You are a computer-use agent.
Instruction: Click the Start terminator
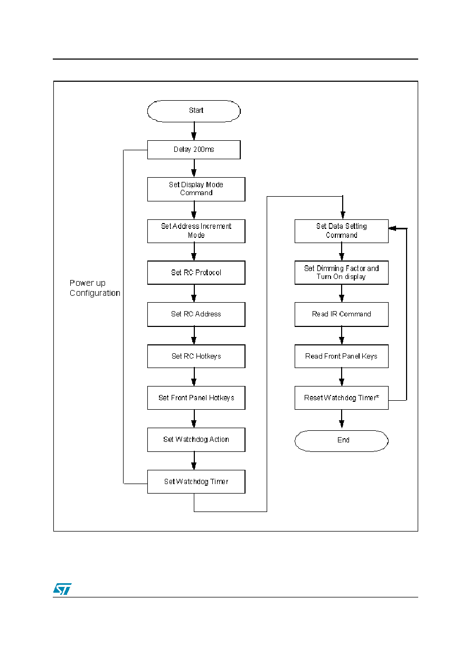coord(194,111)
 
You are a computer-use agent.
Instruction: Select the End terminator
coord(342,441)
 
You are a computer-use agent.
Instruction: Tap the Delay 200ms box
coord(194,150)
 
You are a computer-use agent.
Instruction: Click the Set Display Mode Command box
coord(196,189)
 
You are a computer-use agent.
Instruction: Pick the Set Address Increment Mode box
coord(196,231)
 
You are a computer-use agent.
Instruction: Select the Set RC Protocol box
coord(196,273)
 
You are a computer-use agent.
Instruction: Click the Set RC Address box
coord(196,314)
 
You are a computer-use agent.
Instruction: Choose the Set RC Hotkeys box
coord(196,356)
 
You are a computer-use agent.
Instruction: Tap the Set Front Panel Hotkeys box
coord(196,398)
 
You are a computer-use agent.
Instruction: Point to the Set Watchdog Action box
coord(196,440)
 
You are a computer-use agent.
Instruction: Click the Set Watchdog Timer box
coord(196,481)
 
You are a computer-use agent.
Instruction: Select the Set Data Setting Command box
coord(342,231)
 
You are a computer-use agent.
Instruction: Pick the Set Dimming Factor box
coord(342,273)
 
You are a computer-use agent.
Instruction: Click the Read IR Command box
coord(342,314)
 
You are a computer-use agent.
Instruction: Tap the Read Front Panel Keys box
coord(342,356)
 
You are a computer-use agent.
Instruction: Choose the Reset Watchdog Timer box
coord(342,398)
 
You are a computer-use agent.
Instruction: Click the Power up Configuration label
coord(95,288)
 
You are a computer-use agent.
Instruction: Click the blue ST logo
coord(62,588)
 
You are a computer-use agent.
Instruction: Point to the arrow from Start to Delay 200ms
coord(194,131)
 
